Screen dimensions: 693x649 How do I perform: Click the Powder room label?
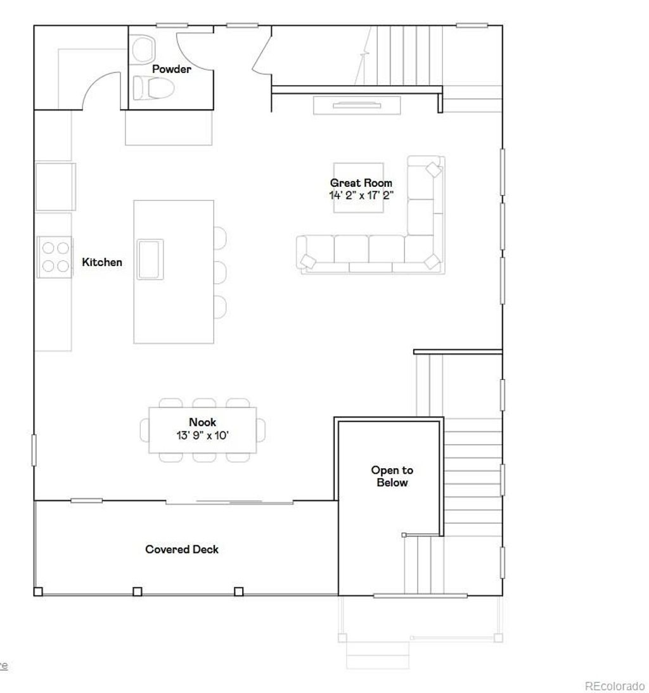[171, 69]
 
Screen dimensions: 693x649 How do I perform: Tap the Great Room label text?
[361, 183]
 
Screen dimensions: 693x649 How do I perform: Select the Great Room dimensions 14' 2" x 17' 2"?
[361, 195]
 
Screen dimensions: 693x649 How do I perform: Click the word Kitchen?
[102, 262]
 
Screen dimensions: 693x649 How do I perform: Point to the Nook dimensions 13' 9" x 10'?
[202, 435]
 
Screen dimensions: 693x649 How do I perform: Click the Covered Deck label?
[182, 549]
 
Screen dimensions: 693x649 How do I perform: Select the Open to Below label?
[392, 476]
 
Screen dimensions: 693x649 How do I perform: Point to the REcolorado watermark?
[614, 686]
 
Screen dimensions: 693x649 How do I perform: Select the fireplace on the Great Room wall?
[357, 105]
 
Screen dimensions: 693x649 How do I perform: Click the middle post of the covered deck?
[138, 592]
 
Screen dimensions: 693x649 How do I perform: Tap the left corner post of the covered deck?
[38, 592]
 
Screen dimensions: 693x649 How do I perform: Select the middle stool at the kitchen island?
[220, 272]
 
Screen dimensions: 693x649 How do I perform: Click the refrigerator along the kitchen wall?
[55, 186]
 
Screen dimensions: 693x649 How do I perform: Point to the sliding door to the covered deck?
[229, 502]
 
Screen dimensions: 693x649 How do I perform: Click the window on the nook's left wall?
[34, 449]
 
